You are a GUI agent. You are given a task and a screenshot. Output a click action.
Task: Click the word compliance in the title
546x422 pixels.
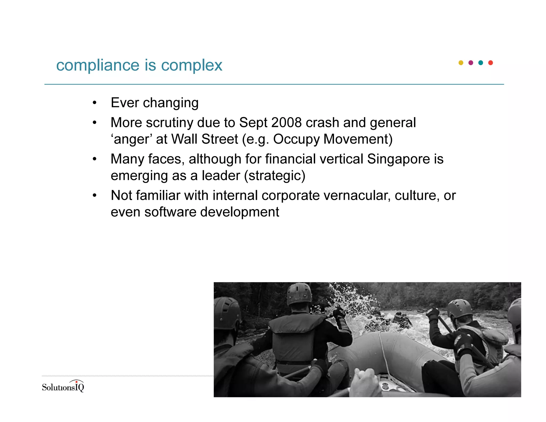click(x=98, y=65)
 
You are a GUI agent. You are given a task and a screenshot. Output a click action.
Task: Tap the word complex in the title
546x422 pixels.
click(x=191, y=65)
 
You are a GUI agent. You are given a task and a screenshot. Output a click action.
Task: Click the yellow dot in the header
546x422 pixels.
click(x=461, y=63)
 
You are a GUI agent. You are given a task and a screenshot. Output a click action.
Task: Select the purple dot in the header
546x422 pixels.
click(x=471, y=63)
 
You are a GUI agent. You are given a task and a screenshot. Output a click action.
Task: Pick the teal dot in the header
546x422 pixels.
click(x=480, y=63)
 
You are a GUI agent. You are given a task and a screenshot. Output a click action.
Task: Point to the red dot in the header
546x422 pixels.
click(x=490, y=63)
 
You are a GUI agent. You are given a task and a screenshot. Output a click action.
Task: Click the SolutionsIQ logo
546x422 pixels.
click(x=63, y=386)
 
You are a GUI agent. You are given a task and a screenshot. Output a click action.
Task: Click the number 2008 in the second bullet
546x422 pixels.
click(x=286, y=123)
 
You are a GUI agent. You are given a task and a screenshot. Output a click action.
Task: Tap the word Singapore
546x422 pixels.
click(x=398, y=159)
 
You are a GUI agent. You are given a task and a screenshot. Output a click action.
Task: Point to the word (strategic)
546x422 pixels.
click(x=275, y=176)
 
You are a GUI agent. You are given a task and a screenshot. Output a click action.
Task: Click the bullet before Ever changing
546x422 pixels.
click(x=94, y=103)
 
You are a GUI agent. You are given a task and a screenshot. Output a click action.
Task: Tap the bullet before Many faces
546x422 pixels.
click(x=94, y=159)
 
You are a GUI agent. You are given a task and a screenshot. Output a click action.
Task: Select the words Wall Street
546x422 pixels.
click(x=204, y=139)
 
